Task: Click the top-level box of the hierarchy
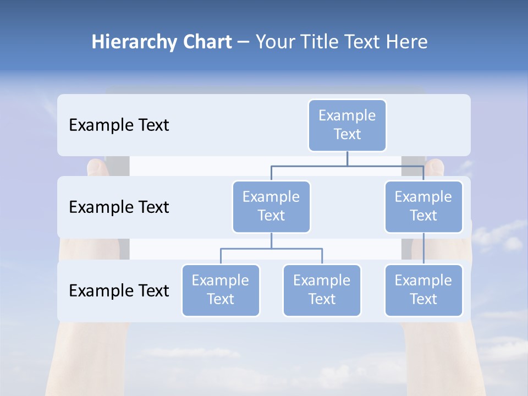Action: coord(347,125)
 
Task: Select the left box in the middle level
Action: coord(271,206)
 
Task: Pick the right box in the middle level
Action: coord(424,206)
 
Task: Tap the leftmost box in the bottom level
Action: coord(221,290)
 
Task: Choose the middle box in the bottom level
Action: coord(322,290)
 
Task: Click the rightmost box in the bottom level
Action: coord(424,290)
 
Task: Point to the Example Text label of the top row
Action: coord(119,125)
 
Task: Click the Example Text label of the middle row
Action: coord(119,207)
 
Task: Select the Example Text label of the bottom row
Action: coord(119,290)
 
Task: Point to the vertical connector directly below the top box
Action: coord(347,158)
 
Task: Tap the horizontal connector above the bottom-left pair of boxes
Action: coord(271,249)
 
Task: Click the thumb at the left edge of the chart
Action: coord(96,167)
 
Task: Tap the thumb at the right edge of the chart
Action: coord(435,167)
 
